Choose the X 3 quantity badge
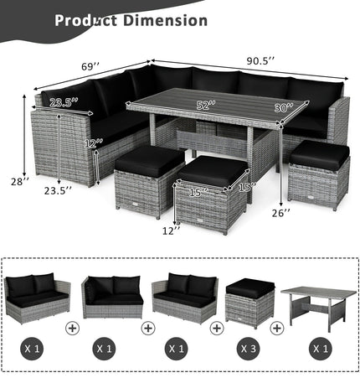pyautogui.click(x=248, y=345)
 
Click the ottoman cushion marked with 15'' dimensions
pyautogui.click(x=212, y=171)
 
